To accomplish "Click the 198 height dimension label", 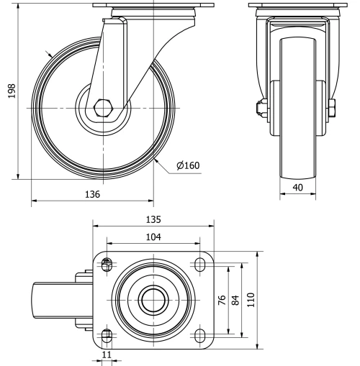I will coord(11,91).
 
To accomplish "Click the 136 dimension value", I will coord(92,194).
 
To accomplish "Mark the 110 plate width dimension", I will coord(252,300).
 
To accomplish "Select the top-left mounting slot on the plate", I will coord(107,265).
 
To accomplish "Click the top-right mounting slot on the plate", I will coord(199,265).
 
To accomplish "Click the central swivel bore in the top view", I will coord(153,300).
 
